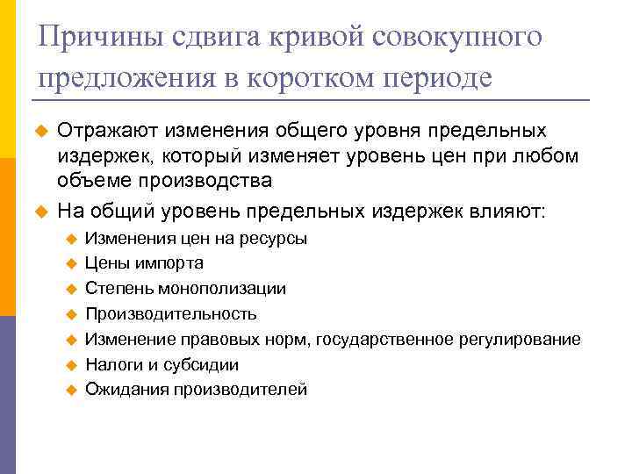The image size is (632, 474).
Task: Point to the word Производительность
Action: click(x=170, y=313)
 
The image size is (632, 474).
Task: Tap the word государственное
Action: click(x=384, y=339)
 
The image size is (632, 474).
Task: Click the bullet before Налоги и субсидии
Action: click(x=72, y=365)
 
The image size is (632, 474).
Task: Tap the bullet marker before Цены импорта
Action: click(x=72, y=263)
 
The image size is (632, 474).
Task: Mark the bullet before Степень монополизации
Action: click(x=72, y=289)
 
